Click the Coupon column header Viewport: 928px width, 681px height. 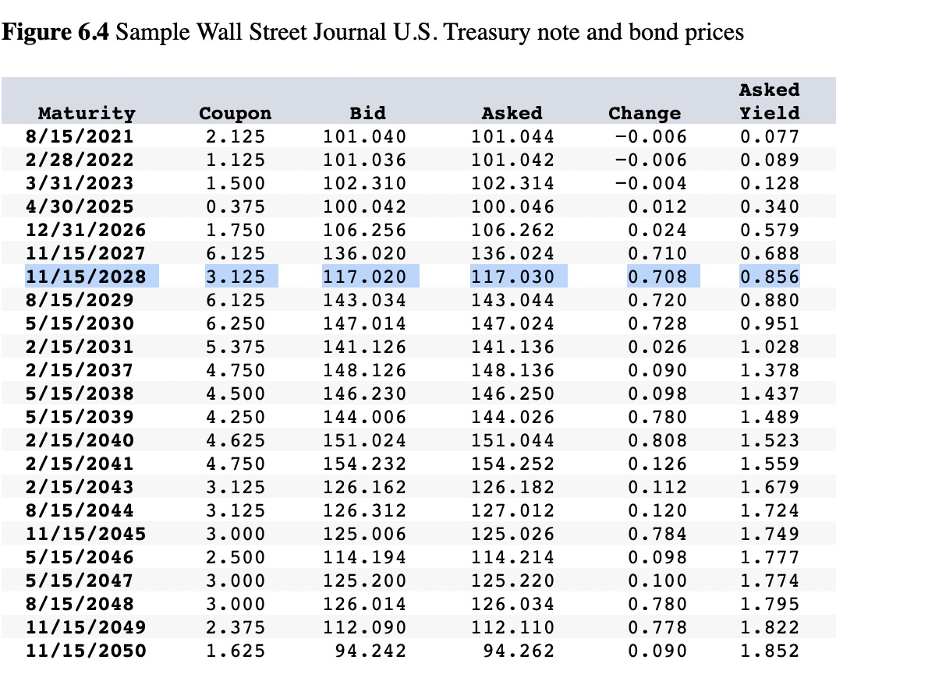click(236, 113)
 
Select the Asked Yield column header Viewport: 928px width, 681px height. click(769, 101)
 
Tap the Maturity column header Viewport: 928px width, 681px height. click(87, 113)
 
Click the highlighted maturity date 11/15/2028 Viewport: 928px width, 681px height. click(86, 277)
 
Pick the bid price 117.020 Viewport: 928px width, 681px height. click(365, 277)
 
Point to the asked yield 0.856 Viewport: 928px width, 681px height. click(769, 277)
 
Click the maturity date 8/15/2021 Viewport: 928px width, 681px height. click(80, 136)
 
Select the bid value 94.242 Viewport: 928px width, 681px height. click(370, 651)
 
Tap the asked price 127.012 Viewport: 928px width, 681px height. click(513, 510)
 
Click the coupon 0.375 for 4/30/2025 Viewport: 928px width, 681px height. click(236, 206)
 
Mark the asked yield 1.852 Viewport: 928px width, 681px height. click(769, 651)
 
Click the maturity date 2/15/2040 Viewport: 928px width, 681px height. click(80, 440)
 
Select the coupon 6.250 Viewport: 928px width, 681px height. click(236, 323)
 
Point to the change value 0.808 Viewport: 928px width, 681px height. click(657, 440)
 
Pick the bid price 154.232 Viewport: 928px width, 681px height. click(365, 464)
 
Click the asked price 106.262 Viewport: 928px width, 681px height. click(513, 230)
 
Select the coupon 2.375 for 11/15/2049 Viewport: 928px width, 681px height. click(236, 627)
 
